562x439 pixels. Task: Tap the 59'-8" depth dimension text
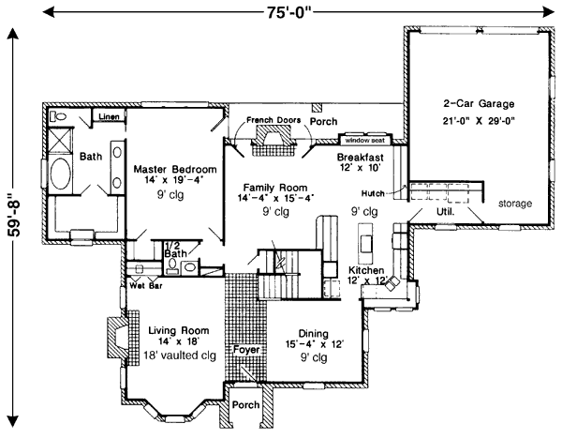point(15,216)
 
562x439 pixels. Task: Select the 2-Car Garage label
point(479,104)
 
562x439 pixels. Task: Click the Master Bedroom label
point(175,169)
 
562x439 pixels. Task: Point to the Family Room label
point(275,188)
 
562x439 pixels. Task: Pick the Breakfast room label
point(361,158)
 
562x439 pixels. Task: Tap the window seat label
point(365,141)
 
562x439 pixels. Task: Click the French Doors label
point(274,120)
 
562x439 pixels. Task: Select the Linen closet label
point(109,116)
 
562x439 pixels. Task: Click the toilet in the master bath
point(58,117)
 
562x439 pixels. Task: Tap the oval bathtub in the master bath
point(60,174)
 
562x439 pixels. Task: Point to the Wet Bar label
point(146,286)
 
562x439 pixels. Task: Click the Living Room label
point(179,330)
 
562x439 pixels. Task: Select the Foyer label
point(246,349)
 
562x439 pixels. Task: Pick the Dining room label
point(313,333)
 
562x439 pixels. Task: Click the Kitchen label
point(366,270)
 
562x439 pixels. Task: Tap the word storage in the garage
point(515,204)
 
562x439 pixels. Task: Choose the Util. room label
point(446,212)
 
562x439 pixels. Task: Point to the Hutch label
point(373,194)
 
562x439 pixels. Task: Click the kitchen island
point(366,243)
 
